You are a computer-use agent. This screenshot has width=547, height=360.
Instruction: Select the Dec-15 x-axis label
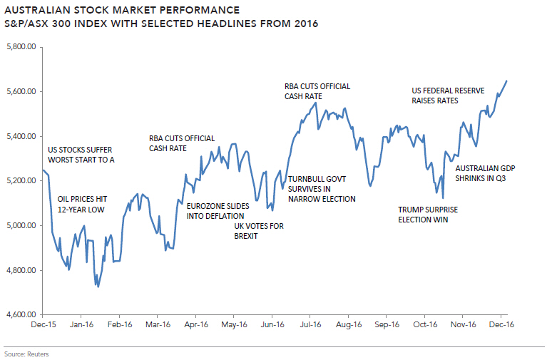(43, 324)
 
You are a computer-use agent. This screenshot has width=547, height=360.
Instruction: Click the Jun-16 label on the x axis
(272, 324)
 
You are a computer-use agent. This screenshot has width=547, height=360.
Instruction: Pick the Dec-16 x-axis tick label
(501, 324)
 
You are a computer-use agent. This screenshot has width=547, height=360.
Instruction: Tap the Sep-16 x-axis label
(386, 324)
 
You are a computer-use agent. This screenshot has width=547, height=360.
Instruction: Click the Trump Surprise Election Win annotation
(428, 215)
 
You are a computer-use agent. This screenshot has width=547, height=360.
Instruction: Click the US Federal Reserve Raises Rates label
(449, 96)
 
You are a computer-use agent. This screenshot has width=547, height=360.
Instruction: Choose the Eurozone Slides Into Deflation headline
(218, 210)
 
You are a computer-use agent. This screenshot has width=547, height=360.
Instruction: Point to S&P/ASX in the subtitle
(31, 24)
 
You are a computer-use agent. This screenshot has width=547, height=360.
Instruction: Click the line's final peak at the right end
(506, 81)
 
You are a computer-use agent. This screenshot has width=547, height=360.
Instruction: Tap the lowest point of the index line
(98, 287)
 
